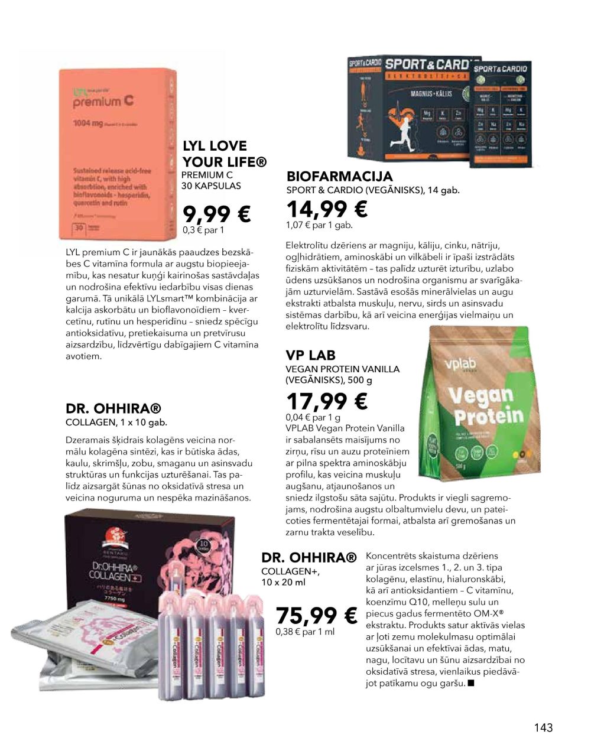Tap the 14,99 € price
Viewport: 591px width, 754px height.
click(x=327, y=209)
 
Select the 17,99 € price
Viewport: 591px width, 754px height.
click(x=327, y=401)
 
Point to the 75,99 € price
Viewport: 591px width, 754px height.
click(x=317, y=616)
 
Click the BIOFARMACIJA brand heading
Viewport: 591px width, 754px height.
click(x=339, y=176)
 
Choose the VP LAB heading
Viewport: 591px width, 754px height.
click(x=310, y=355)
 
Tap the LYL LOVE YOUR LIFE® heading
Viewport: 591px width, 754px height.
click(x=224, y=154)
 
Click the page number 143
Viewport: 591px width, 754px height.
click(x=543, y=727)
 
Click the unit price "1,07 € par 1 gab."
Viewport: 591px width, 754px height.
click(x=319, y=225)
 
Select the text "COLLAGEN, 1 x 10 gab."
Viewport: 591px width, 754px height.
click(x=116, y=422)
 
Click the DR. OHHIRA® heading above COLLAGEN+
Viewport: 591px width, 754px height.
click(x=309, y=557)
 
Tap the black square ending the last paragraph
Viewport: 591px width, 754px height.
click(x=470, y=684)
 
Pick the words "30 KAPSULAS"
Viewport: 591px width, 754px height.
click(x=211, y=186)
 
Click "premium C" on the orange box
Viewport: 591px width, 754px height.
click(x=103, y=102)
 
